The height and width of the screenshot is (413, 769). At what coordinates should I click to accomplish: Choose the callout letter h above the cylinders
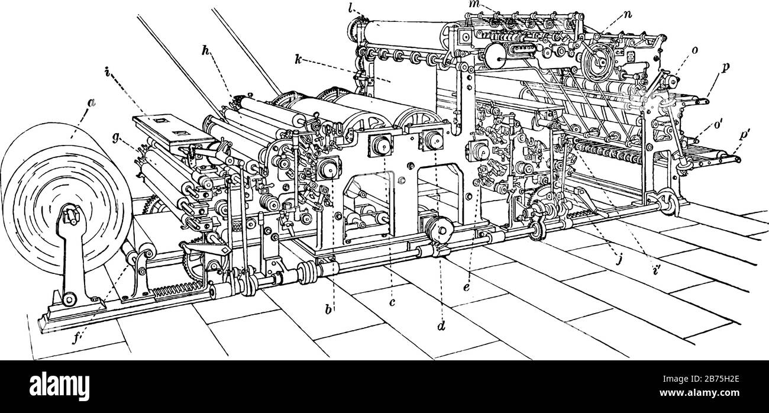205,51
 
